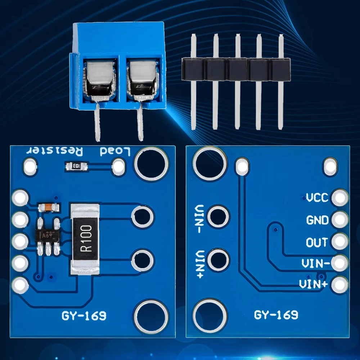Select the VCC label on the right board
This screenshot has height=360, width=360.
317,198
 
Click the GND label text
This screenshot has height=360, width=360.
317,220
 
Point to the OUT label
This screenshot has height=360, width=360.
317,242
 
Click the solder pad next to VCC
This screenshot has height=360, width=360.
340,198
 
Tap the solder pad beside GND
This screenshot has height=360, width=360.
340,220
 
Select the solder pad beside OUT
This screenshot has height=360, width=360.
340,242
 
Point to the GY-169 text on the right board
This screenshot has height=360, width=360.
276,315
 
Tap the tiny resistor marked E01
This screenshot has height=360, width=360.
76,166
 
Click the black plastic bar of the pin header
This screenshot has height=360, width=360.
235,69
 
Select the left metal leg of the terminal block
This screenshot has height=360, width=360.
97,122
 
